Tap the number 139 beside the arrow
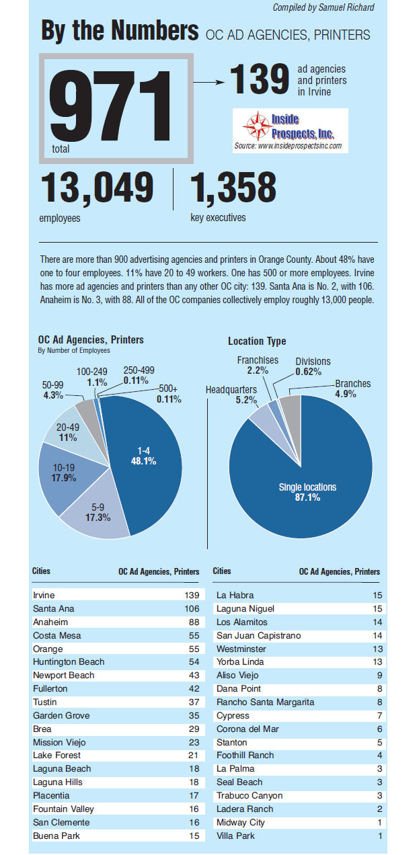[x=260, y=79]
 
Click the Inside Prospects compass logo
[x=256, y=126]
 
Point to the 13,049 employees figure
[x=97, y=188]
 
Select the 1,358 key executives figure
[x=233, y=188]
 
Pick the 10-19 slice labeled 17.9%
[x=64, y=473]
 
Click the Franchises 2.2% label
[x=258, y=365]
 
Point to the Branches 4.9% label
[x=352, y=389]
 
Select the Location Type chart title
[x=256, y=341]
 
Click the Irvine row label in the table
[x=44, y=595]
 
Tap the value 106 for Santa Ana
[x=191, y=608]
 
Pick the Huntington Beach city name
[x=69, y=661]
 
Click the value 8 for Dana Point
[x=379, y=688]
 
